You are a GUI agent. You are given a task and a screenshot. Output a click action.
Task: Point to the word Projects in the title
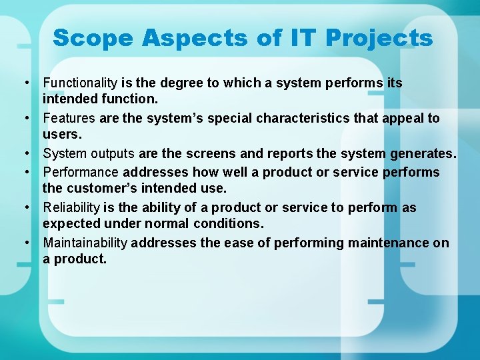pos(379,38)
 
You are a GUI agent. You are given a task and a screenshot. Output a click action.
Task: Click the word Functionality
pos(80,83)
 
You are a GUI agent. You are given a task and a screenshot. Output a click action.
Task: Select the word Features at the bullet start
pos(69,119)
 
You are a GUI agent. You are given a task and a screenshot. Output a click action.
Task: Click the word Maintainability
pos(85,243)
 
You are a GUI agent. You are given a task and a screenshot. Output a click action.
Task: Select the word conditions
pos(229,223)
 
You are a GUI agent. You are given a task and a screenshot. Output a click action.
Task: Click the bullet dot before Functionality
pos(25,83)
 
